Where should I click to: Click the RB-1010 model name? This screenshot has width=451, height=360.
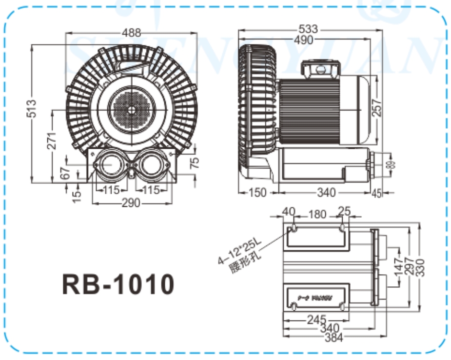click(x=118, y=284)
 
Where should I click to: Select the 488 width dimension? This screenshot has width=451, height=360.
click(x=132, y=33)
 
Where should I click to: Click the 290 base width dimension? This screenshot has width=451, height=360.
click(x=131, y=203)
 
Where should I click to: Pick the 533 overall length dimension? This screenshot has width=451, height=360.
click(x=308, y=30)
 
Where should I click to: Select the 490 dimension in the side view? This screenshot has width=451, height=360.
click(x=303, y=40)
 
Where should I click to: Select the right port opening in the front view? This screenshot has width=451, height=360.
click(x=152, y=165)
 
